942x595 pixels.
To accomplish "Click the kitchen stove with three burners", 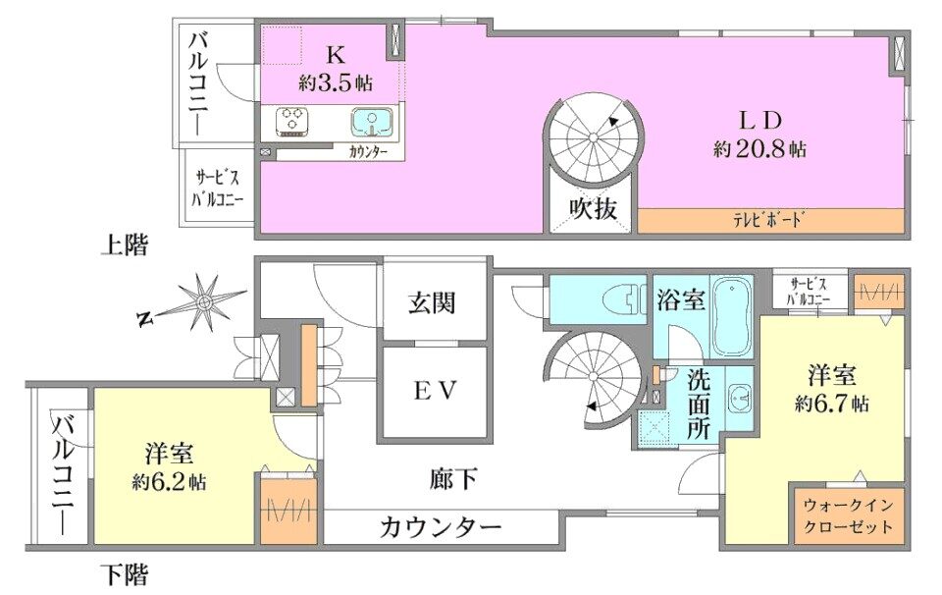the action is click(x=292, y=121).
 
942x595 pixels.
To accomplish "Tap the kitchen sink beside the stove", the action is click(x=372, y=121).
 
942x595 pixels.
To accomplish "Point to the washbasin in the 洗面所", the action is click(x=739, y=398).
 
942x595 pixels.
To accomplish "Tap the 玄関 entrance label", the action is click(x=433, y=303).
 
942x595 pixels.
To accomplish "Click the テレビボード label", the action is click(x=768, y=220).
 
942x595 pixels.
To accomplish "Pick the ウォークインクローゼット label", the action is click(x=848, y=515).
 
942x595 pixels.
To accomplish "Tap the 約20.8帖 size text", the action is click(x=759, y=148).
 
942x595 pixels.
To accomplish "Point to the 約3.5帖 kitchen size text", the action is click(x=336, y=82).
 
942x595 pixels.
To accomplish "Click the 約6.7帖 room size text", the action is click(x=832, y=404).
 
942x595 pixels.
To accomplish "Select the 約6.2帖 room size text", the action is click(x=169, y=481).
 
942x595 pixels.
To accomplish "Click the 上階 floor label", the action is click(x=124, y=244).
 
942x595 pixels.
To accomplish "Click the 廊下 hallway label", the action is click(x=454, y=479).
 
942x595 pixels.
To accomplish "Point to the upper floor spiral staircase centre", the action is click(x=594, y=137).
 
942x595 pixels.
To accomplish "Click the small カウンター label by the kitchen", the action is click(x=368, y=152).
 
